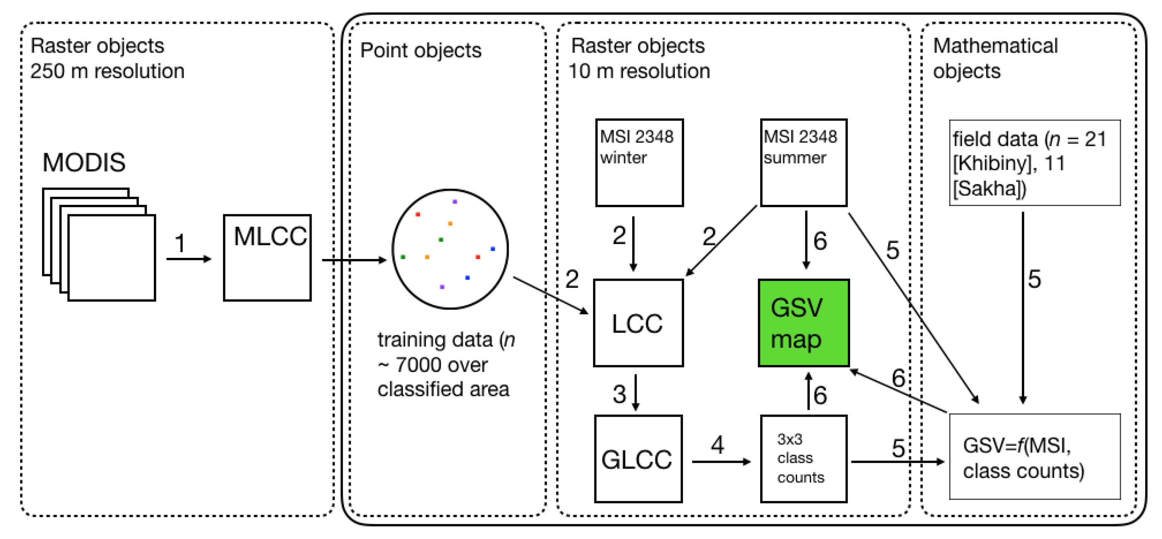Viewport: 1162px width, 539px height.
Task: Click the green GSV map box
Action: (x=803, y=323)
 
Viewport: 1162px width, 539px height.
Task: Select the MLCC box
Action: (x=267, y=258)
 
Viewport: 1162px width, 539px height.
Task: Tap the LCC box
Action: (x=638, y=323)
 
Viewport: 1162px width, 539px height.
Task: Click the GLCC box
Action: (x=638, y=459)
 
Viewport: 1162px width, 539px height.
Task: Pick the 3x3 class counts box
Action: (x=803, y=459)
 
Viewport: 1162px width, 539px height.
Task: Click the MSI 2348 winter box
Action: (x=639, y=163)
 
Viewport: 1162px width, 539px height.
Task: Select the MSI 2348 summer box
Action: (x=803, y=163)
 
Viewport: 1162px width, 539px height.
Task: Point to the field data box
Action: (x=1034, y=163)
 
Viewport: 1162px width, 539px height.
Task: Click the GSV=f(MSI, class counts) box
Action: (x=1034, y=457)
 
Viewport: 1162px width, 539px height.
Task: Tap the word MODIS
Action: (x=84, y=163)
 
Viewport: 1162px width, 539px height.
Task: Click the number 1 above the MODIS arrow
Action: (x=180, y=244)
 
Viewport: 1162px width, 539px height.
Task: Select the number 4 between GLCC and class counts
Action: (x=717, y=445)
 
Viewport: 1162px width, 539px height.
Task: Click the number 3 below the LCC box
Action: (x=619, y=395)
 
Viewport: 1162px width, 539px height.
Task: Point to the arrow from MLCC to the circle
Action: (x=354, y=260)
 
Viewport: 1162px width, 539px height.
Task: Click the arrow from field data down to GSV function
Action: (x=1022, y=307)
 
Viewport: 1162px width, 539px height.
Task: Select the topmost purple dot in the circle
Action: (x=455, y=202)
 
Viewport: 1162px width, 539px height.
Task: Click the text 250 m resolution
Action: (x=107, y=71)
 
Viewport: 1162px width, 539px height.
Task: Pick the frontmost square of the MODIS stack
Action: (x=112, y=258)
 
